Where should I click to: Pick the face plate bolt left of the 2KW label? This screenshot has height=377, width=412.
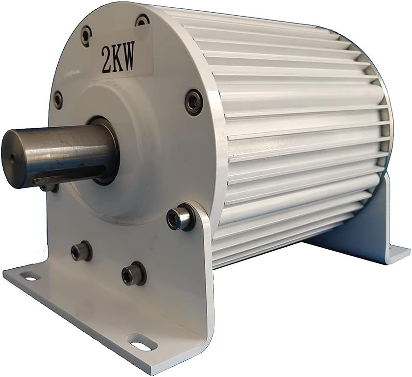86,36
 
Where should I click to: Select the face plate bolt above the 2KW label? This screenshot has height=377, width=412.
142,21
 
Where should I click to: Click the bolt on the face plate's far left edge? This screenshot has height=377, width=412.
58,100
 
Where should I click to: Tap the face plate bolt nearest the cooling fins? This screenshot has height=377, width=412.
194,102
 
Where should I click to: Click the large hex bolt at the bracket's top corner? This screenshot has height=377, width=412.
178,219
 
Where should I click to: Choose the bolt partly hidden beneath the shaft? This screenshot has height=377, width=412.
49,188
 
